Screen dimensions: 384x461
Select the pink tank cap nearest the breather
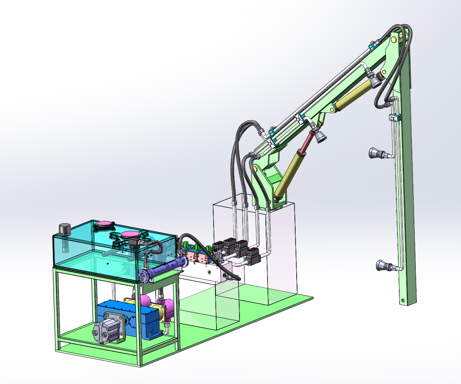tap(103, 225)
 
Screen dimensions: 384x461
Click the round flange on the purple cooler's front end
tap(143, 276)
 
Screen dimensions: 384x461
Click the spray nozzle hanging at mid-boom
tap(320, 136)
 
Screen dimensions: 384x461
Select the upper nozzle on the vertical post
tap(375, 154)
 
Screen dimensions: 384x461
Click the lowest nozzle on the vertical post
tap(382, 266)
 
